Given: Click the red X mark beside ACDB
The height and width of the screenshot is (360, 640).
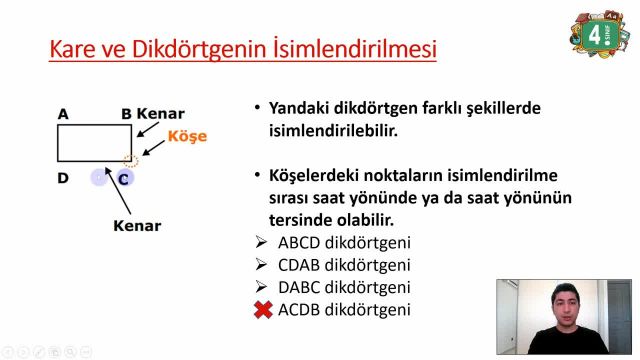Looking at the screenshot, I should [x=263, y=310].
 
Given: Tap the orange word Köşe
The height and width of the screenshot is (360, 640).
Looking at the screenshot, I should [x=187, y=136].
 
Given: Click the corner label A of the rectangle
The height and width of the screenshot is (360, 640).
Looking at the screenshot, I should [x=63, y=114].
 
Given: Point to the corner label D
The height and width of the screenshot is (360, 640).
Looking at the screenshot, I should [x=63, y=178].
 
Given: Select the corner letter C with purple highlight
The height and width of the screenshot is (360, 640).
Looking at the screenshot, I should [x=124, y=178].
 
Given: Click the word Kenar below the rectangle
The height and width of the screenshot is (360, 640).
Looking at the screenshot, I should [x=137, y=225].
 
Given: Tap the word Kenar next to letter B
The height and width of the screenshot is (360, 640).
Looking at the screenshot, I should [x=161, y=114].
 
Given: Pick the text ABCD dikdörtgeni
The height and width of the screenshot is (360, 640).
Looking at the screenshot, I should [x=344, y=242].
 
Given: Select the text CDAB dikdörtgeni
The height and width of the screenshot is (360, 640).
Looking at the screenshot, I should [x=344, y=265].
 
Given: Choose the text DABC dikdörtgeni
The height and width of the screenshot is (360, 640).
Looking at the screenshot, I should [x=344, y=287].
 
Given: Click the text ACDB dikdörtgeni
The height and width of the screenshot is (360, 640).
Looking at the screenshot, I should [x=344, y=310].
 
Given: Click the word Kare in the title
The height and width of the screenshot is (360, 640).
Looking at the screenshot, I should [x=75, y=47].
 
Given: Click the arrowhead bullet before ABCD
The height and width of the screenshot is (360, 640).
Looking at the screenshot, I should [x=261, y=242].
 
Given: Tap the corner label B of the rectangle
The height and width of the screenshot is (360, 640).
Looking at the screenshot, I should [x=126, y=114].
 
